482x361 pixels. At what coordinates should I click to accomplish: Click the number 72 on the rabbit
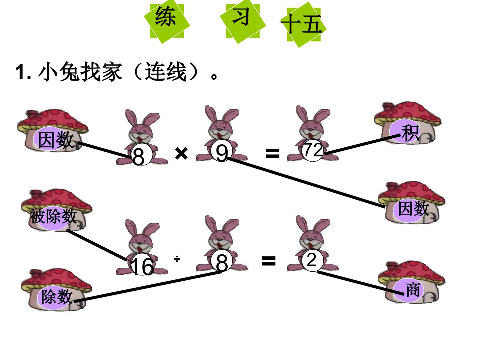tap(313, 150)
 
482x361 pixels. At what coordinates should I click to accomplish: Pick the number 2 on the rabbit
tap(311, 260)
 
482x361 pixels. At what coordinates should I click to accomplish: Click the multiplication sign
tap(181, 153)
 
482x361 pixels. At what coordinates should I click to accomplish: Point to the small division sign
tap(177, 259)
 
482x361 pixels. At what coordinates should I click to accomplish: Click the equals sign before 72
tap(272, 153)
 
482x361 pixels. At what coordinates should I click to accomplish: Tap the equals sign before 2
tap(268, 261)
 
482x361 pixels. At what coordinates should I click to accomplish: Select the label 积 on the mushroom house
tap(410, 133)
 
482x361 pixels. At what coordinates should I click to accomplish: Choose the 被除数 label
tap(53, 216)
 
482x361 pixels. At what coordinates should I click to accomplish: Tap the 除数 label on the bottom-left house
tap(57, 296)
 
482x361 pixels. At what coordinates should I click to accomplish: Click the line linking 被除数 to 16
tap(97, 245)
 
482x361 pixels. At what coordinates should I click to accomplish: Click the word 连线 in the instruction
tap(165, 72)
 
